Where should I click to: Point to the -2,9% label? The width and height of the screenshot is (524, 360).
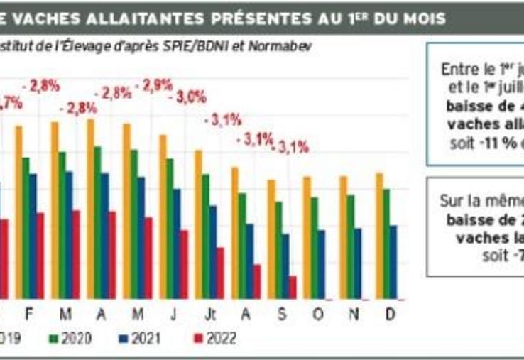(157, 84)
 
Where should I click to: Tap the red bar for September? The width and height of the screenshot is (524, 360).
(292, 287)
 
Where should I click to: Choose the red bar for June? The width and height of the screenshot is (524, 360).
(184, 263)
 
